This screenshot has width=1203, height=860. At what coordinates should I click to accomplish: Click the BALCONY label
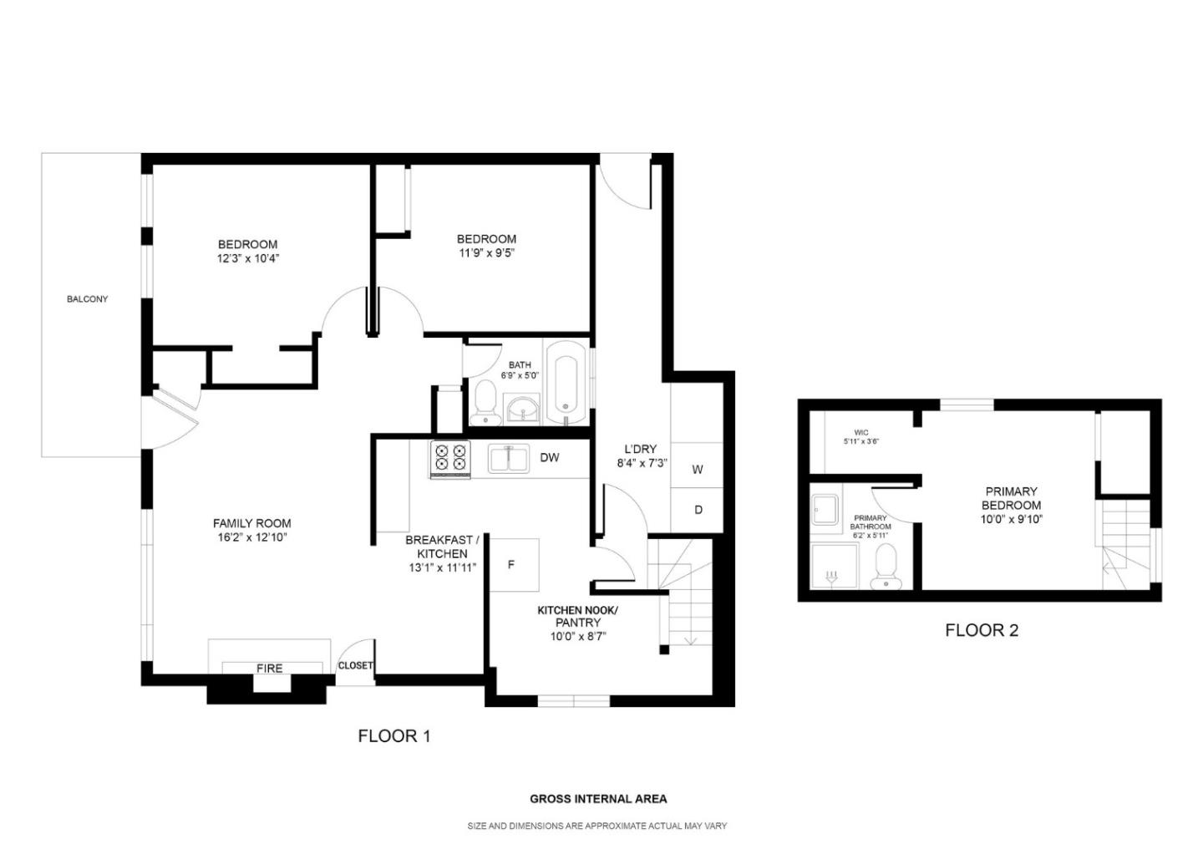click(x=87, y=299)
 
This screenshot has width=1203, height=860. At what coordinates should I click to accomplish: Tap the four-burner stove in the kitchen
click(x=450, y=459)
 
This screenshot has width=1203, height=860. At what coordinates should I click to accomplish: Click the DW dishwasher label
click(x=549, y=458)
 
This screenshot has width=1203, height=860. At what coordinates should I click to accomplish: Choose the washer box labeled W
click(x=697, y=470)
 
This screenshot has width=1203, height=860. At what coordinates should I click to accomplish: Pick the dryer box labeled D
click(x=698, y=510)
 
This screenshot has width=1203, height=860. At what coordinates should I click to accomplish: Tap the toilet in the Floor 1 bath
click(x=483, y=405)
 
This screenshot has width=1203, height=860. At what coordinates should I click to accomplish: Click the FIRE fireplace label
click(x=269, y=669)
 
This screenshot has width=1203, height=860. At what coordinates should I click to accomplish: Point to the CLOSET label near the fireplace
click(x=355, y=666)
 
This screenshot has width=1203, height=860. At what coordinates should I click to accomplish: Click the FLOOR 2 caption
click(x=982, y=631)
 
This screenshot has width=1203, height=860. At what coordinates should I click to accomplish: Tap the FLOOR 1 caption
click(x=394, y=736)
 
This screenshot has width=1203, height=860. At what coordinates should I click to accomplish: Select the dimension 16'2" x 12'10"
click(x=251, y=537)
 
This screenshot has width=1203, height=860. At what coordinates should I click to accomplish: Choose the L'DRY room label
click(x=640, y=449)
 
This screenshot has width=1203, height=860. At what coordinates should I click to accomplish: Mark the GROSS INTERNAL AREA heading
click(x=598, y=799)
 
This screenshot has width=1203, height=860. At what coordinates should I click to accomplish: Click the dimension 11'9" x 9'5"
click(x=486, y=252)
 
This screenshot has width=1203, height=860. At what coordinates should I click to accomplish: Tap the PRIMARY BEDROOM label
click(x=1011, y=498)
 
